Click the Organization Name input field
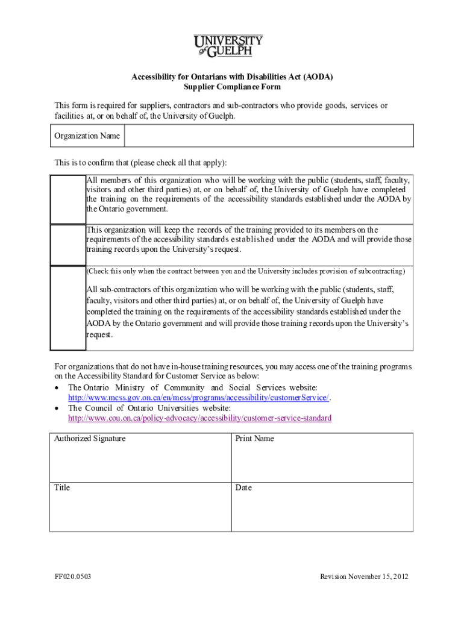pos(269,136)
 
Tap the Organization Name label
pos(87,136)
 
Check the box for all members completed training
pos(67,199)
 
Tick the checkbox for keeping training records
pos(67,245)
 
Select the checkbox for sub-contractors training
pos(67,308)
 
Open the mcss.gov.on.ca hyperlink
pos(199,398)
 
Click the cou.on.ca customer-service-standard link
pos(199,418)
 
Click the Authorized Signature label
pos(90,439)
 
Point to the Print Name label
pos(254,439)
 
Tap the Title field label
pos(62,487)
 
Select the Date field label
pos(243,487)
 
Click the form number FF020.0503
pos(73,577)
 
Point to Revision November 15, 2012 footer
pos(365,577)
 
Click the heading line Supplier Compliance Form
pos(232,87)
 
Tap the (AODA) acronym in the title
pos(318,77)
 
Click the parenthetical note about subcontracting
pos(246,271)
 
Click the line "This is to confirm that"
pos(141,163)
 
